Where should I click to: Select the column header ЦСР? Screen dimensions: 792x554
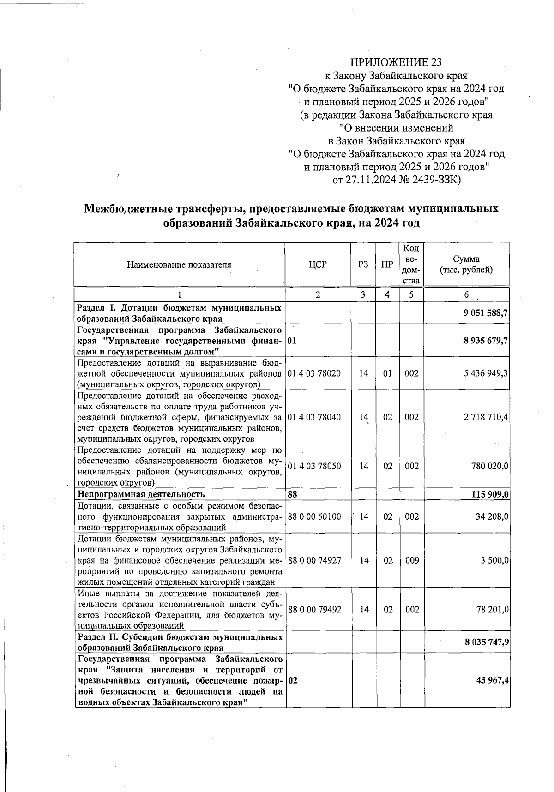(317, 264)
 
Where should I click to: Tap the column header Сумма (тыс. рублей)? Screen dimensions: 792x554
(466, 264)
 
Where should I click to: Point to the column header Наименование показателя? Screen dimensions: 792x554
(179, 265)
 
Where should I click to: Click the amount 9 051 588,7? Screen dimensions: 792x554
(486, 313)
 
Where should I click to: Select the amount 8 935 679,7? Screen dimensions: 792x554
(486, 341)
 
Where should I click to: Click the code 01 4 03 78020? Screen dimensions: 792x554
(314, 373)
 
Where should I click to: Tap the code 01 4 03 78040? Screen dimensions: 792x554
(314, 417)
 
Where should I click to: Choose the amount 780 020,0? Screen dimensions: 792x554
(488, 466)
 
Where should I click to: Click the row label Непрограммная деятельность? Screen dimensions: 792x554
(141, 494)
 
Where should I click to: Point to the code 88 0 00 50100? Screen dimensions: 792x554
(314, 516)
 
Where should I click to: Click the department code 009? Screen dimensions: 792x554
(412, 560)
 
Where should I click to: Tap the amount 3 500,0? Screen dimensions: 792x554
(494, 560)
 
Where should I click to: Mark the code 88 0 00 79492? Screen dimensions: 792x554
(315, 610)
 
